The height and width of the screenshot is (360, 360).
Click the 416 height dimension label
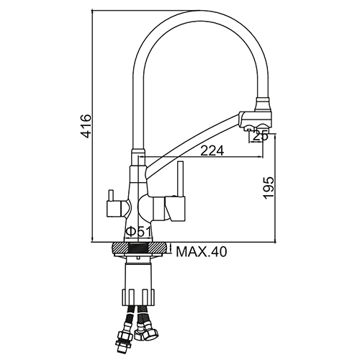(86, 127)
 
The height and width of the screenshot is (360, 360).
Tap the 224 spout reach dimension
(212, 150)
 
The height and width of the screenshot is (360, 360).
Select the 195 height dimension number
(268, 188)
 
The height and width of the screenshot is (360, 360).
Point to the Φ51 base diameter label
(138, 232)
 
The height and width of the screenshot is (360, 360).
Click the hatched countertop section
(139, 248)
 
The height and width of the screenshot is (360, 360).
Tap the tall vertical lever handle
(181, 179)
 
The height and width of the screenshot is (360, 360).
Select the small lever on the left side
(111, 195)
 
